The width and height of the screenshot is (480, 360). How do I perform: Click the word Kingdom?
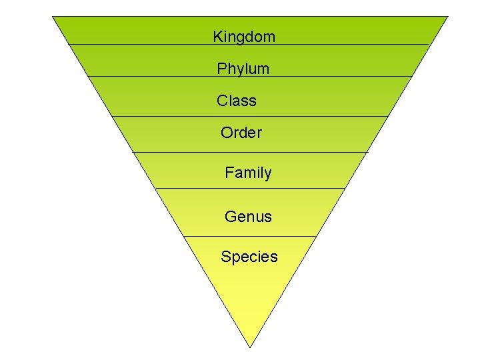point(243,37)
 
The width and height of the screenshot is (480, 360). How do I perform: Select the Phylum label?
point(243,69)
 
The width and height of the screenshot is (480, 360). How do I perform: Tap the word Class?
point(236,101)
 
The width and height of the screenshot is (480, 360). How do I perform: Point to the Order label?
point(241,133)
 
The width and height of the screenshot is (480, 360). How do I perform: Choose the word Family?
point(248,173)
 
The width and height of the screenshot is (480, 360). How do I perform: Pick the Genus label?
point(248,216)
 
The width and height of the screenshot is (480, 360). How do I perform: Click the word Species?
point(249,257)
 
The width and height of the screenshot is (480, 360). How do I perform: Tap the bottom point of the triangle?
point(250,347)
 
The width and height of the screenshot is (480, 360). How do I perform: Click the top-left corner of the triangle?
point(53,17)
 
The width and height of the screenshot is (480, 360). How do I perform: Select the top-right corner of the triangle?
point(448,17)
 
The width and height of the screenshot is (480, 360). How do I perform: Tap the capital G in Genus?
point(230,216)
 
